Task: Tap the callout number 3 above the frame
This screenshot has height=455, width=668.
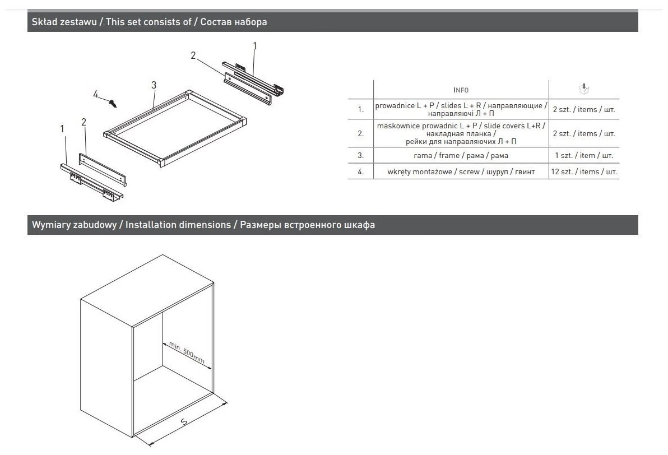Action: [x=154, y=85]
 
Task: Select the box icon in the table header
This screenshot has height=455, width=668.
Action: [x=584, y=89]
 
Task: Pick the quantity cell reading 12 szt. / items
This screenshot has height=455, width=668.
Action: [x=584, y=172]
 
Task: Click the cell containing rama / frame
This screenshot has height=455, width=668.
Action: [x=461, y=155]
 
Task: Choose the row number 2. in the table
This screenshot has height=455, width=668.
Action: [x=360, y=133]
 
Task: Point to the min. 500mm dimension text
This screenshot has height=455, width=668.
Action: [x=187, y=354]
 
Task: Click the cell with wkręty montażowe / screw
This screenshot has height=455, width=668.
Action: [x=461, y=172]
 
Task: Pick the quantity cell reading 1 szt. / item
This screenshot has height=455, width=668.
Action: [x=584, y=155]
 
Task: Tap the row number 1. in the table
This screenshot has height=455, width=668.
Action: [x=360, y=109]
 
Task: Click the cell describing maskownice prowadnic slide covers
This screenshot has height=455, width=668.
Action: [x=461, y=133]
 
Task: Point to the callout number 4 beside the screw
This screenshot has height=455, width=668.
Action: [x=96, y=95]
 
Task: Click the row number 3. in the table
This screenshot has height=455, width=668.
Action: [x=360, y=155]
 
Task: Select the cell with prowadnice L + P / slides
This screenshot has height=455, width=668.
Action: [x=461, y=109]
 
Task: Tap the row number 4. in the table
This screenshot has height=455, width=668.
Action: [x=360, y=172]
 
